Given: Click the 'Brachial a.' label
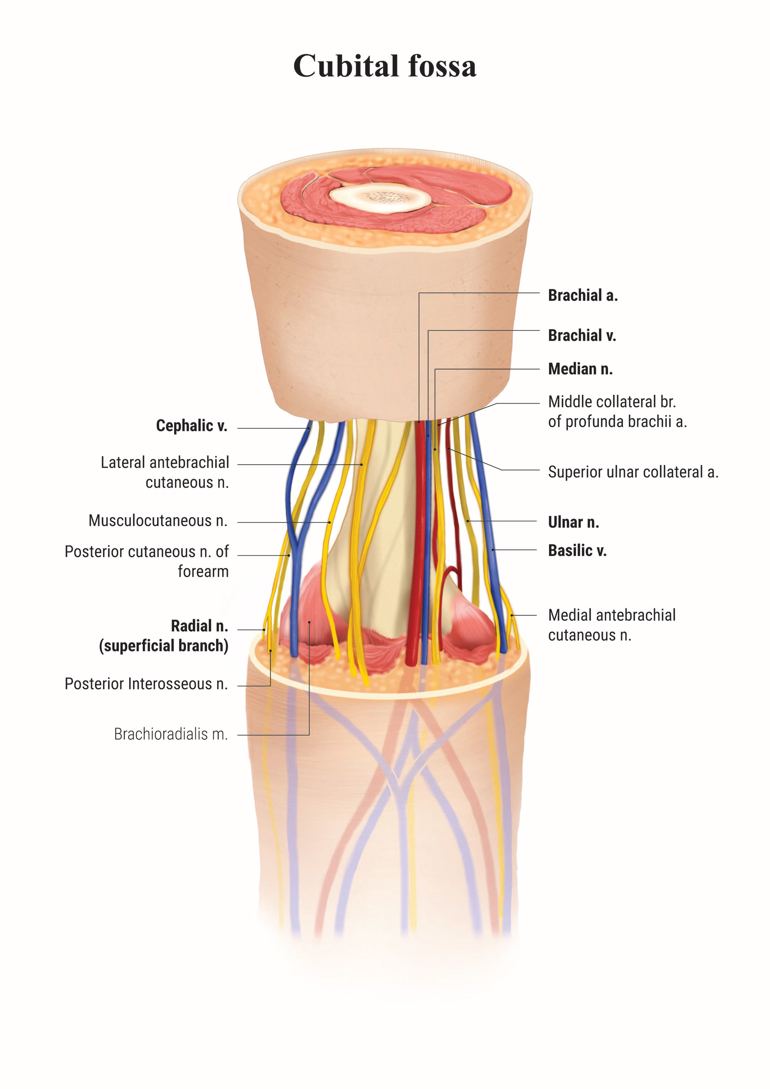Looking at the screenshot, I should pyautogui.click(x=583, y=296).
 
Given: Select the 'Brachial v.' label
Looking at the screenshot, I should pyautogui.click(x=582, y=335).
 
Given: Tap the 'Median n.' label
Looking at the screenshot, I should pyautogui.click(x=580, y=369).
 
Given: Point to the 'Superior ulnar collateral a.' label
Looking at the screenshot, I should pyautogui.click(x=633, y=472).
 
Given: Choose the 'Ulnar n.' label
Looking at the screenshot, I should pyautogui.click(x=573, y=522).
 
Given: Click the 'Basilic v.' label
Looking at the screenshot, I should pyautogui.click(x=577, y=551).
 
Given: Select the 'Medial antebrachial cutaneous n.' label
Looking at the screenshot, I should pyautogui.click(x=612, y=625).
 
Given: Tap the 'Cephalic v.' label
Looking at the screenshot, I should pyautogui.click(x=192, y=426).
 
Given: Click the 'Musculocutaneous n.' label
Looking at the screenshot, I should pyautogui.click(x=158, y=521).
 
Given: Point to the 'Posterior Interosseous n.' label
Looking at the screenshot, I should pyautogui.click(x=146, y=684).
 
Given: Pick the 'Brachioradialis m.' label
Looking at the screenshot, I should pyautogui.click(x=171, y=734).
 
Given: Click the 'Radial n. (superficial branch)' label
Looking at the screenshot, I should pyautogui.click(x=164, y=636).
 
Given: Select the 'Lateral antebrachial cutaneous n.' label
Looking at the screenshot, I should pyautogui.click(x=164, y=473).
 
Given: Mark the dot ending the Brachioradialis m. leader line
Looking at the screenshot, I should pyautogui.click(x=309, y=622).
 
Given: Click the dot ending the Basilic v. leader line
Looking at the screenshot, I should pyautogui.click(x=493, y=550).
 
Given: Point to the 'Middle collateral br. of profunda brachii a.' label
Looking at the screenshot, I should pyautogui.click(x=617, y=412).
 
